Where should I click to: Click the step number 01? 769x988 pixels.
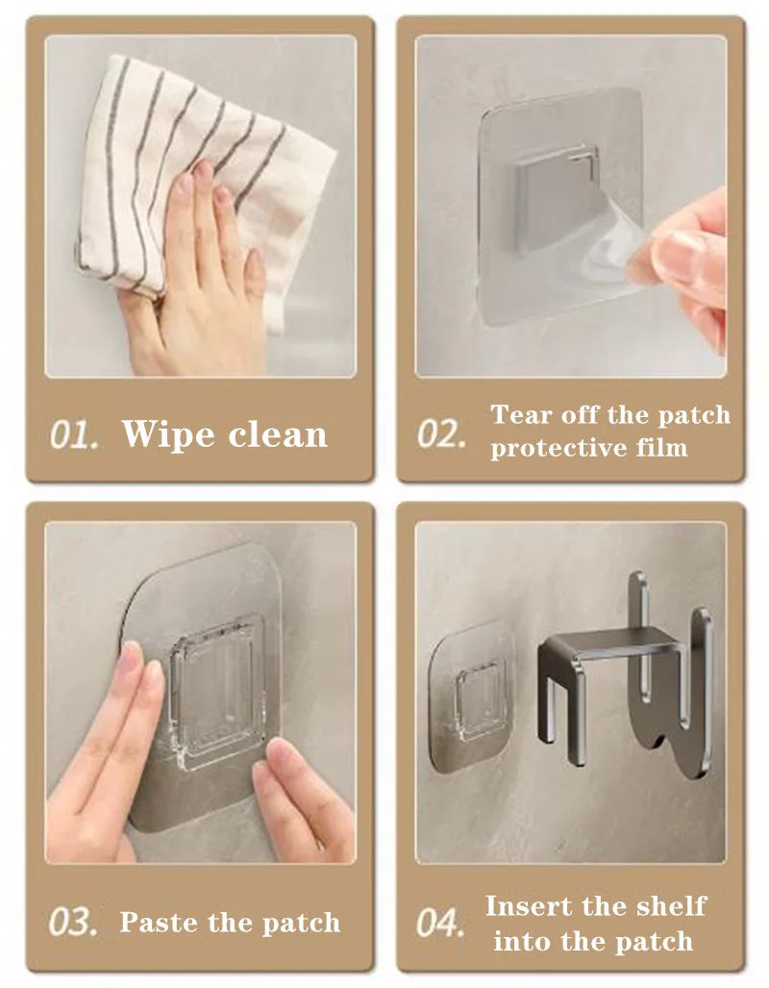(x=74, y=434)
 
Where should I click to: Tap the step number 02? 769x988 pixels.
(x=442, y=434)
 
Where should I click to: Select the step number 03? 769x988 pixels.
(x=73, y=923)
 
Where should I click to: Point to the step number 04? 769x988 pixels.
(x=440, y=923)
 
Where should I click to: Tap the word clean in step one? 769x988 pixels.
(x=278, y=434)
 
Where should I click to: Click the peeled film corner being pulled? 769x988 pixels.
(x=614, y=249)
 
